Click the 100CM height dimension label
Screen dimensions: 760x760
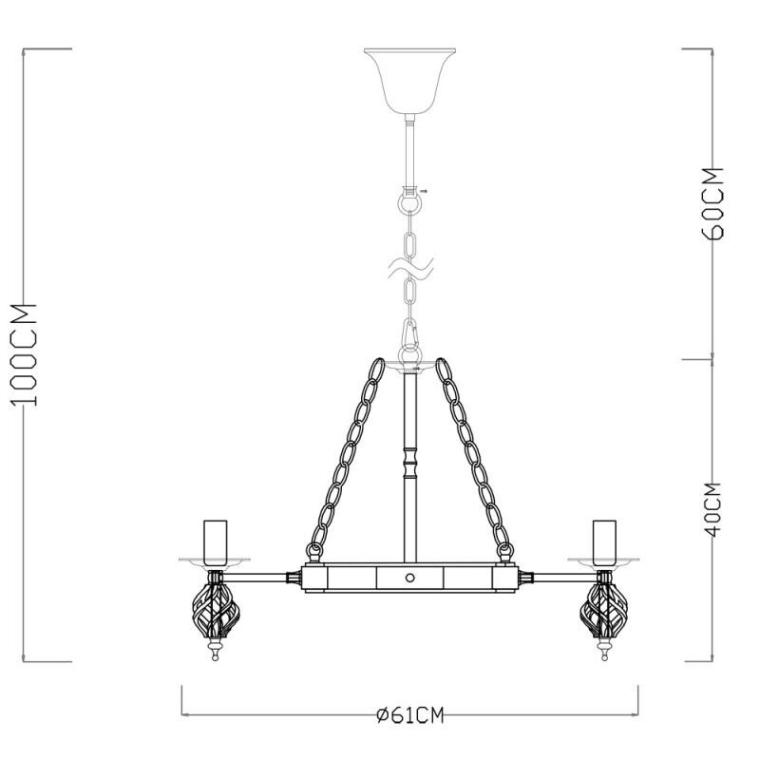pyautogui.click(x=28, y=353)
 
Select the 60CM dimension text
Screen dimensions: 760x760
pyautogui.click(x=715, y=203)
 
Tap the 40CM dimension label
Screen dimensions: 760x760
pyautogui.click(x=715, y=510)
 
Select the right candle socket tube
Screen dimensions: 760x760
pyautogui.click(x=601, y=541)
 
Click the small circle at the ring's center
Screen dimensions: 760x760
pyautogui.click(x=409, y=578)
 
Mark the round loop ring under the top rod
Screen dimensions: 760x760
pyautogui.click(x=409, y=204)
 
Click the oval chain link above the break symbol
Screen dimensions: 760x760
pyautogui.click(x=410, y=240)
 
